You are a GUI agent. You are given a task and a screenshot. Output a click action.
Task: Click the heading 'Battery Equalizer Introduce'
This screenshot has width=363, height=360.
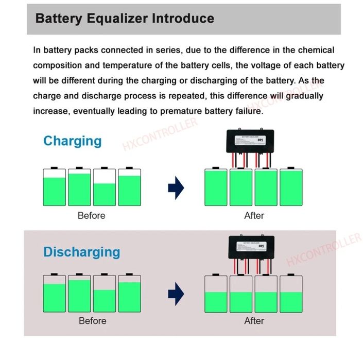click(x=125, y=19)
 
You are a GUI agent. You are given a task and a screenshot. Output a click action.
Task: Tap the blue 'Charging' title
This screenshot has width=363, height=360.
click(x=72, y=141)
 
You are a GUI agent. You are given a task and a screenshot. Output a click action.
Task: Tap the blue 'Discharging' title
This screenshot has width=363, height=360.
click(x=81, y=252)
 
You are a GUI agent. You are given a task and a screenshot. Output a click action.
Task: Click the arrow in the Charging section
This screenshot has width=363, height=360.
click(x=176, y=187)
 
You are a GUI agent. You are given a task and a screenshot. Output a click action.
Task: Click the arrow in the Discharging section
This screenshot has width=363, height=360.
click(x=176, y=294)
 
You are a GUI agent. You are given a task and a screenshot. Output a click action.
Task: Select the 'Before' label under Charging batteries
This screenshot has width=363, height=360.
click(x=91, y=216)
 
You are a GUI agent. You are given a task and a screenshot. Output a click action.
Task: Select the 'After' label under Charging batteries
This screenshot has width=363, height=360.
click(x=254, y=216)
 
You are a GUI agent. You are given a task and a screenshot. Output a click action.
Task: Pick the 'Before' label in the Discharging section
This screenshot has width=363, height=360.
click(x=92, y=321)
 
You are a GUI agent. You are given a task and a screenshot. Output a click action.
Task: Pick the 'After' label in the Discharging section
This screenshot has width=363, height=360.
click(x=254, y=321)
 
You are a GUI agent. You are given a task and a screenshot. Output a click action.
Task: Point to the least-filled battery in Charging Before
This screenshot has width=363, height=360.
click(x=104, y=187)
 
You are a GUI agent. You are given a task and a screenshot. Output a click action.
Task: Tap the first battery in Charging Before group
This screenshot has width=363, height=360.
click(x=54, y=187)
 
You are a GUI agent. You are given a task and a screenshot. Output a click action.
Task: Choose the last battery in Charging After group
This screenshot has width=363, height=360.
click(x=291, y=187)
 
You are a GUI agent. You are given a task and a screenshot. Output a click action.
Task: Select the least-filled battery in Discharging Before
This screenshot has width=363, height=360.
click(x=104, y=293)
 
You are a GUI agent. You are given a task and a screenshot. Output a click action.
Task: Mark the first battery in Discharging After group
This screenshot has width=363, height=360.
click(x=216, y=293)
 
